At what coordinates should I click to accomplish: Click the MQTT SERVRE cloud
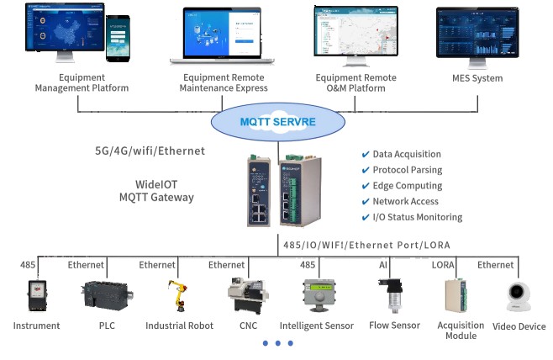[279, 121]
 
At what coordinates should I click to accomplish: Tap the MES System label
[477, 79]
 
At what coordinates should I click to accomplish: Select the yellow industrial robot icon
[177, 296]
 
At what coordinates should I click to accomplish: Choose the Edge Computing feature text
[407, 186]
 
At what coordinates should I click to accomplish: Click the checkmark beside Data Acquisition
[365, 155]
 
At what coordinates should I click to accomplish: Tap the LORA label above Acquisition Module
[443, 265]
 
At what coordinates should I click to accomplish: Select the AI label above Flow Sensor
[383, 265]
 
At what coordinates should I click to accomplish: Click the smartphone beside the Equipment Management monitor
[118, 39]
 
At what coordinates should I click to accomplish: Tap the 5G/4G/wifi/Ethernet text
[150, 151]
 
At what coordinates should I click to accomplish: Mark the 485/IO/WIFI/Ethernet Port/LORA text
[365, 245]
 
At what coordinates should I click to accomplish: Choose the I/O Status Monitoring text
[417, 217]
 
